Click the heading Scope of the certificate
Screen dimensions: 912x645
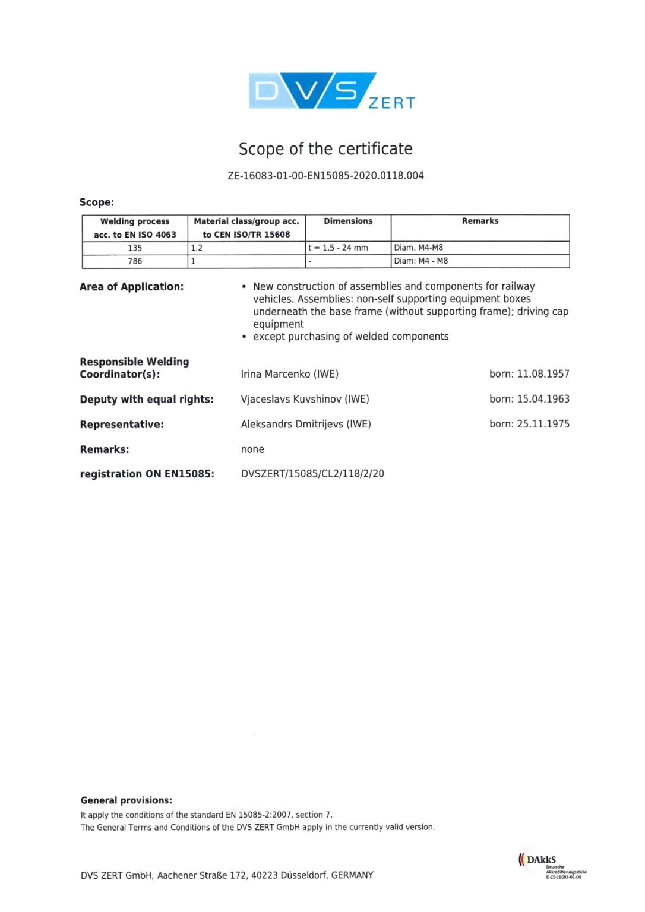[325, 148]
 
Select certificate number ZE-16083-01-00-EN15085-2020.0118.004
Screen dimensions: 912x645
[325, 175]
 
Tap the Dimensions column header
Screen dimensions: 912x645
[348, 221]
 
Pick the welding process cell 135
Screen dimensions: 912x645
[135, 248]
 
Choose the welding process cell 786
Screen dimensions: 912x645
[135, 261]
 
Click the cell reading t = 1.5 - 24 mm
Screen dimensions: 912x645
[338, 248]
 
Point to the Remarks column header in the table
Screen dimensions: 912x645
[480, 221]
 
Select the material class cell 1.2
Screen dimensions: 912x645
[197, 248]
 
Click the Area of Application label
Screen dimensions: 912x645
[131, 287]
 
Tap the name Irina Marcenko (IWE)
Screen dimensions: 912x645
[289, 374]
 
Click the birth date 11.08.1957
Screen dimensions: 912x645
[543, 374]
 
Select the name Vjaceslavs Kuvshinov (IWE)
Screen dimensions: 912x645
[305, 399]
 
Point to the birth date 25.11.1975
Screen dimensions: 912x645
[543, 424]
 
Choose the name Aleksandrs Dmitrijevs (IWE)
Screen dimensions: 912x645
[306, 424]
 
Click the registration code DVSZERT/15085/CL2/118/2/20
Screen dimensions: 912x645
[312, 474]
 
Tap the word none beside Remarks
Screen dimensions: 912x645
[252, 449]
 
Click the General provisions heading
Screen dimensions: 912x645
[127, 800]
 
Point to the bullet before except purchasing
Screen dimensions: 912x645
[244, 337]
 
